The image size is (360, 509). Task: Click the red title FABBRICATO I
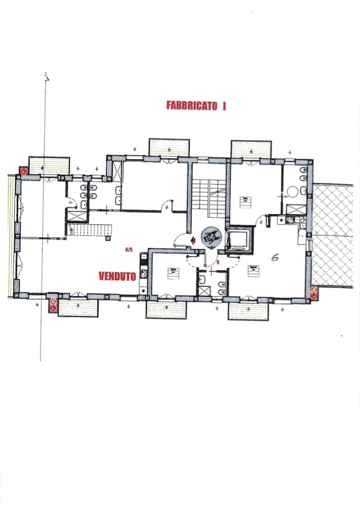pos(196,105)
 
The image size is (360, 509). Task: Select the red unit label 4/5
pos(128,249)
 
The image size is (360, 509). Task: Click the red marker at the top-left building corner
pos(23,171)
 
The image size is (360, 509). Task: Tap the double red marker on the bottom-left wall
pos(53,305)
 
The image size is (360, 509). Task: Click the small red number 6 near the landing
pos(218,263)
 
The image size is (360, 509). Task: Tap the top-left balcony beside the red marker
pos(50,165)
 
